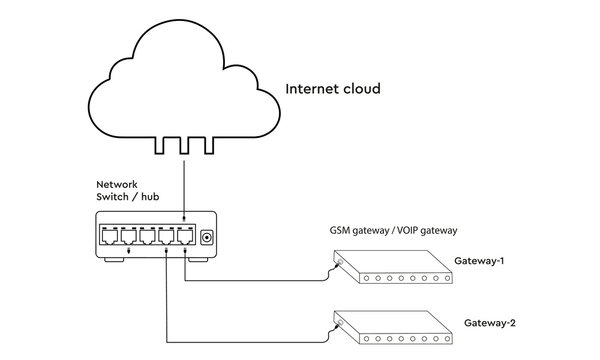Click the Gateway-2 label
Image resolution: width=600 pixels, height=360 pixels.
point(490,324)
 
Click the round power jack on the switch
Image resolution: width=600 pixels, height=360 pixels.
point(207,237)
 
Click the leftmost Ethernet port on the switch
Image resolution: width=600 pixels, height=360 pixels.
point(107,238)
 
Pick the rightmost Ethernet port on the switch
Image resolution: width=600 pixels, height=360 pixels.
point(184,238)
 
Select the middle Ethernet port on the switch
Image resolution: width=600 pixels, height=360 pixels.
point(146,238)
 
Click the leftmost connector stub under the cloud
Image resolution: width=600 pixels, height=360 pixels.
point(161,146)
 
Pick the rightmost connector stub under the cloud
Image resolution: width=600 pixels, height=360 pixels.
point(207,146)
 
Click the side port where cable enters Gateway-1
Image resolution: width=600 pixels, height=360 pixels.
point(339,264)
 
